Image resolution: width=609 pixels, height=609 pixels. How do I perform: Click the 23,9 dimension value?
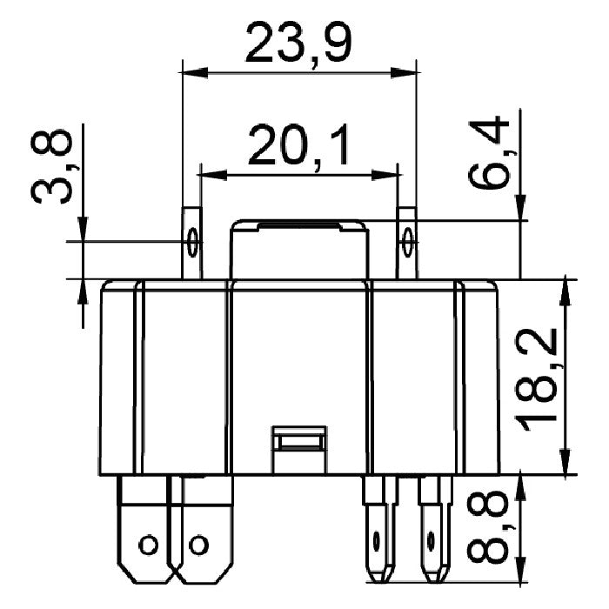pos(298,43)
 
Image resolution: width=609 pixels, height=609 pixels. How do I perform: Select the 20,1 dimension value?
pos(298,145)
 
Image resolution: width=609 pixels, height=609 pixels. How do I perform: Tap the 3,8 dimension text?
pos(51,167)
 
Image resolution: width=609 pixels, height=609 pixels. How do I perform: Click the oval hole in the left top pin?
pos(192,243)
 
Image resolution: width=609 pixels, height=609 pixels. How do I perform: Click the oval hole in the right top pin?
pos(407,243)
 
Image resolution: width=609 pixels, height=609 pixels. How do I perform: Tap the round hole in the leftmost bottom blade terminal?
pos(149,545)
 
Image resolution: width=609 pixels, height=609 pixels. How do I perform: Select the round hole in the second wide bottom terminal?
pos(198,545)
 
